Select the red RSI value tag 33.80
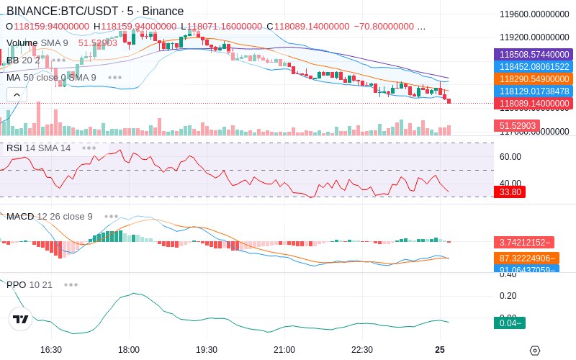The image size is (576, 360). pos(510,192)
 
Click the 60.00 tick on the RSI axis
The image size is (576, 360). pos(510,156)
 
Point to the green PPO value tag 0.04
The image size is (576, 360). pos(510,323)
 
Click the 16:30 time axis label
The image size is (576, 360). pos(51,349)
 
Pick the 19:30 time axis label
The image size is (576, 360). pos(207,349)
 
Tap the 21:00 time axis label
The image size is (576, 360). pos(284,349)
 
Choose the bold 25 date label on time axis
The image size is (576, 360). pos(440,349)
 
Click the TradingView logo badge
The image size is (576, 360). pos(21,319)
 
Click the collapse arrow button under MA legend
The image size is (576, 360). pos(17,94)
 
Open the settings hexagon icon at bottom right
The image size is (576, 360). pos(534,351)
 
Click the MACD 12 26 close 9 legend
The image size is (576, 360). pos(50,216)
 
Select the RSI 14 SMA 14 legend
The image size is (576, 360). pos(39,148)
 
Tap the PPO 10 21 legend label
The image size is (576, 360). pos(30,284)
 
